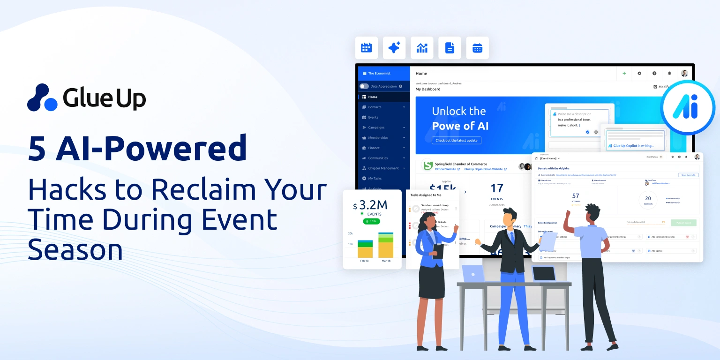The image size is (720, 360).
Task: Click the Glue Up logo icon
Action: point(42,97)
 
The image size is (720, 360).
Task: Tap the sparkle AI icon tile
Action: point(394,48)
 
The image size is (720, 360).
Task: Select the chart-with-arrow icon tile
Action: point(422,48)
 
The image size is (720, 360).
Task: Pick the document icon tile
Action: point(450,48)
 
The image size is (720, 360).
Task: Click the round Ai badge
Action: point(688,107)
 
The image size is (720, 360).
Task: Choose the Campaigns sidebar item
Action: point(376,127)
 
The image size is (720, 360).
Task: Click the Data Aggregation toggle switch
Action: point(364,86)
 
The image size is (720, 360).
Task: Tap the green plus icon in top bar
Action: point(624,74)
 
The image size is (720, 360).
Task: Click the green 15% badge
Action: point(371,221)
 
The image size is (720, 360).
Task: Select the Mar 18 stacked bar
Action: point(386,245)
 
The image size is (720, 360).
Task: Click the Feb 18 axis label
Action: point(365,261)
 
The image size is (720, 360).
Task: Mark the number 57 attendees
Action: point(576,196)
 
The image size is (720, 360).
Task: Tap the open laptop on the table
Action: point(473,274)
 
